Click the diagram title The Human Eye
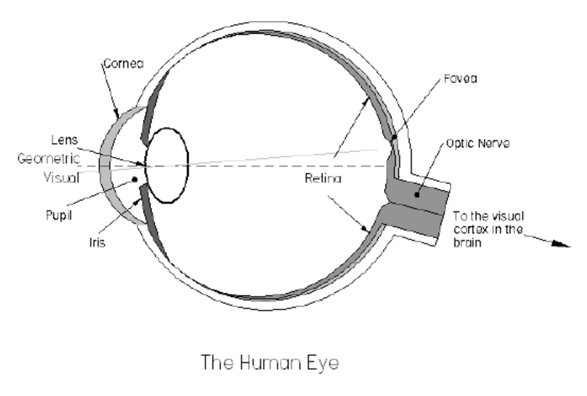[270, 361]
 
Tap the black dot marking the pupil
[134, 180]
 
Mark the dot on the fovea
[394, 138]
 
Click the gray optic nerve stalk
[421, 207]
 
